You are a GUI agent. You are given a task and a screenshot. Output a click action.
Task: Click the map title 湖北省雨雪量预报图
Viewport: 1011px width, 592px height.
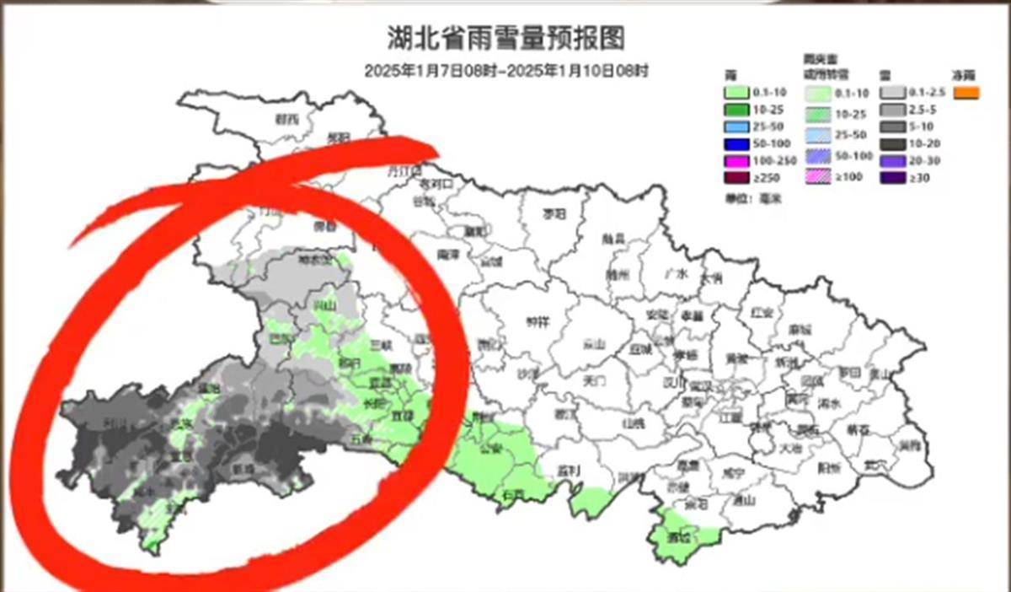(x=505, y=38)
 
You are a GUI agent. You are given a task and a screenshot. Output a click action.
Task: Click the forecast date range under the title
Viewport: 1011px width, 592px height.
(x=506, y=72)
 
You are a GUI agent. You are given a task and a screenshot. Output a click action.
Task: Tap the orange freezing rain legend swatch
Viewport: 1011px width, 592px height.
(x=966, y=93)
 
